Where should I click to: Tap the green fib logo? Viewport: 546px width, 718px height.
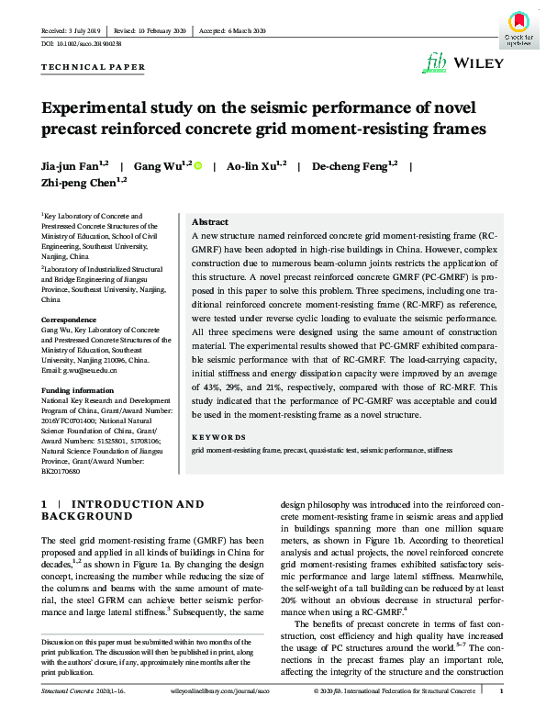tap(435, 62)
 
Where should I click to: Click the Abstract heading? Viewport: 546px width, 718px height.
tap(209, 222)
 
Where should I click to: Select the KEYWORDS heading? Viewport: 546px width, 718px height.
tap(220, 437)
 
